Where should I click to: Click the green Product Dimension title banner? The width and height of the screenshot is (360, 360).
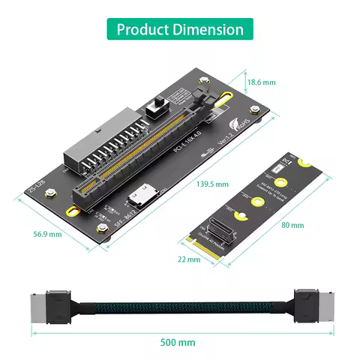click(180, 29)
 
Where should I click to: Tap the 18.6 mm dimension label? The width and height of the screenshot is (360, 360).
click(262, 82)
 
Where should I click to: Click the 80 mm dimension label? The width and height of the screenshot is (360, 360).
click(292, 225)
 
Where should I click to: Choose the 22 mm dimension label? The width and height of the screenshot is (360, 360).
click(189, 259)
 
